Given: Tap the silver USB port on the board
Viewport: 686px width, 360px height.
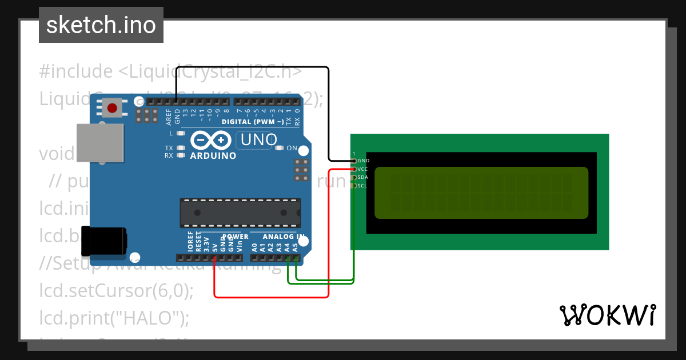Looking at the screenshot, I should tap(101, 142).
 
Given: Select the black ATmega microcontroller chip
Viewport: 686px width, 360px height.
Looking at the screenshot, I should tap(240, 212).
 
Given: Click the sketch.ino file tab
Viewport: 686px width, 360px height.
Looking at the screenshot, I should tap(101, 25).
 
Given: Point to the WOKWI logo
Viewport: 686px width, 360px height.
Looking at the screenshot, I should tap(607, 315).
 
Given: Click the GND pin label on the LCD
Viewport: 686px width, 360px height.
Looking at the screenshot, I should tap(363, 161).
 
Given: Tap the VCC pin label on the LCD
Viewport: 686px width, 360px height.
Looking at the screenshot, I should tap(362, 169).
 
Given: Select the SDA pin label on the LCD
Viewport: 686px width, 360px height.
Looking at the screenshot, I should tap(362, 177).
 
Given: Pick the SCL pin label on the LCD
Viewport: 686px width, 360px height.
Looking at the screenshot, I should tap(362, 186).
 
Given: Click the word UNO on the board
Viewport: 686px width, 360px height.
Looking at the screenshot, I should tap(259, 139).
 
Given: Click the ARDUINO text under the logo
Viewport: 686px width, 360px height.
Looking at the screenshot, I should tap(213, 156).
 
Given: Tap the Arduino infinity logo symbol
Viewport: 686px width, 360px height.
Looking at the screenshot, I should tap(211, 140).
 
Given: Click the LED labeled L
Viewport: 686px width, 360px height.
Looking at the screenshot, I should tap(181, 133).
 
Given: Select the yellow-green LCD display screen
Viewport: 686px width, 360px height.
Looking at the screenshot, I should tap(481, 193).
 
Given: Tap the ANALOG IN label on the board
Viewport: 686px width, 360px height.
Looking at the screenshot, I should tap(284, 237).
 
